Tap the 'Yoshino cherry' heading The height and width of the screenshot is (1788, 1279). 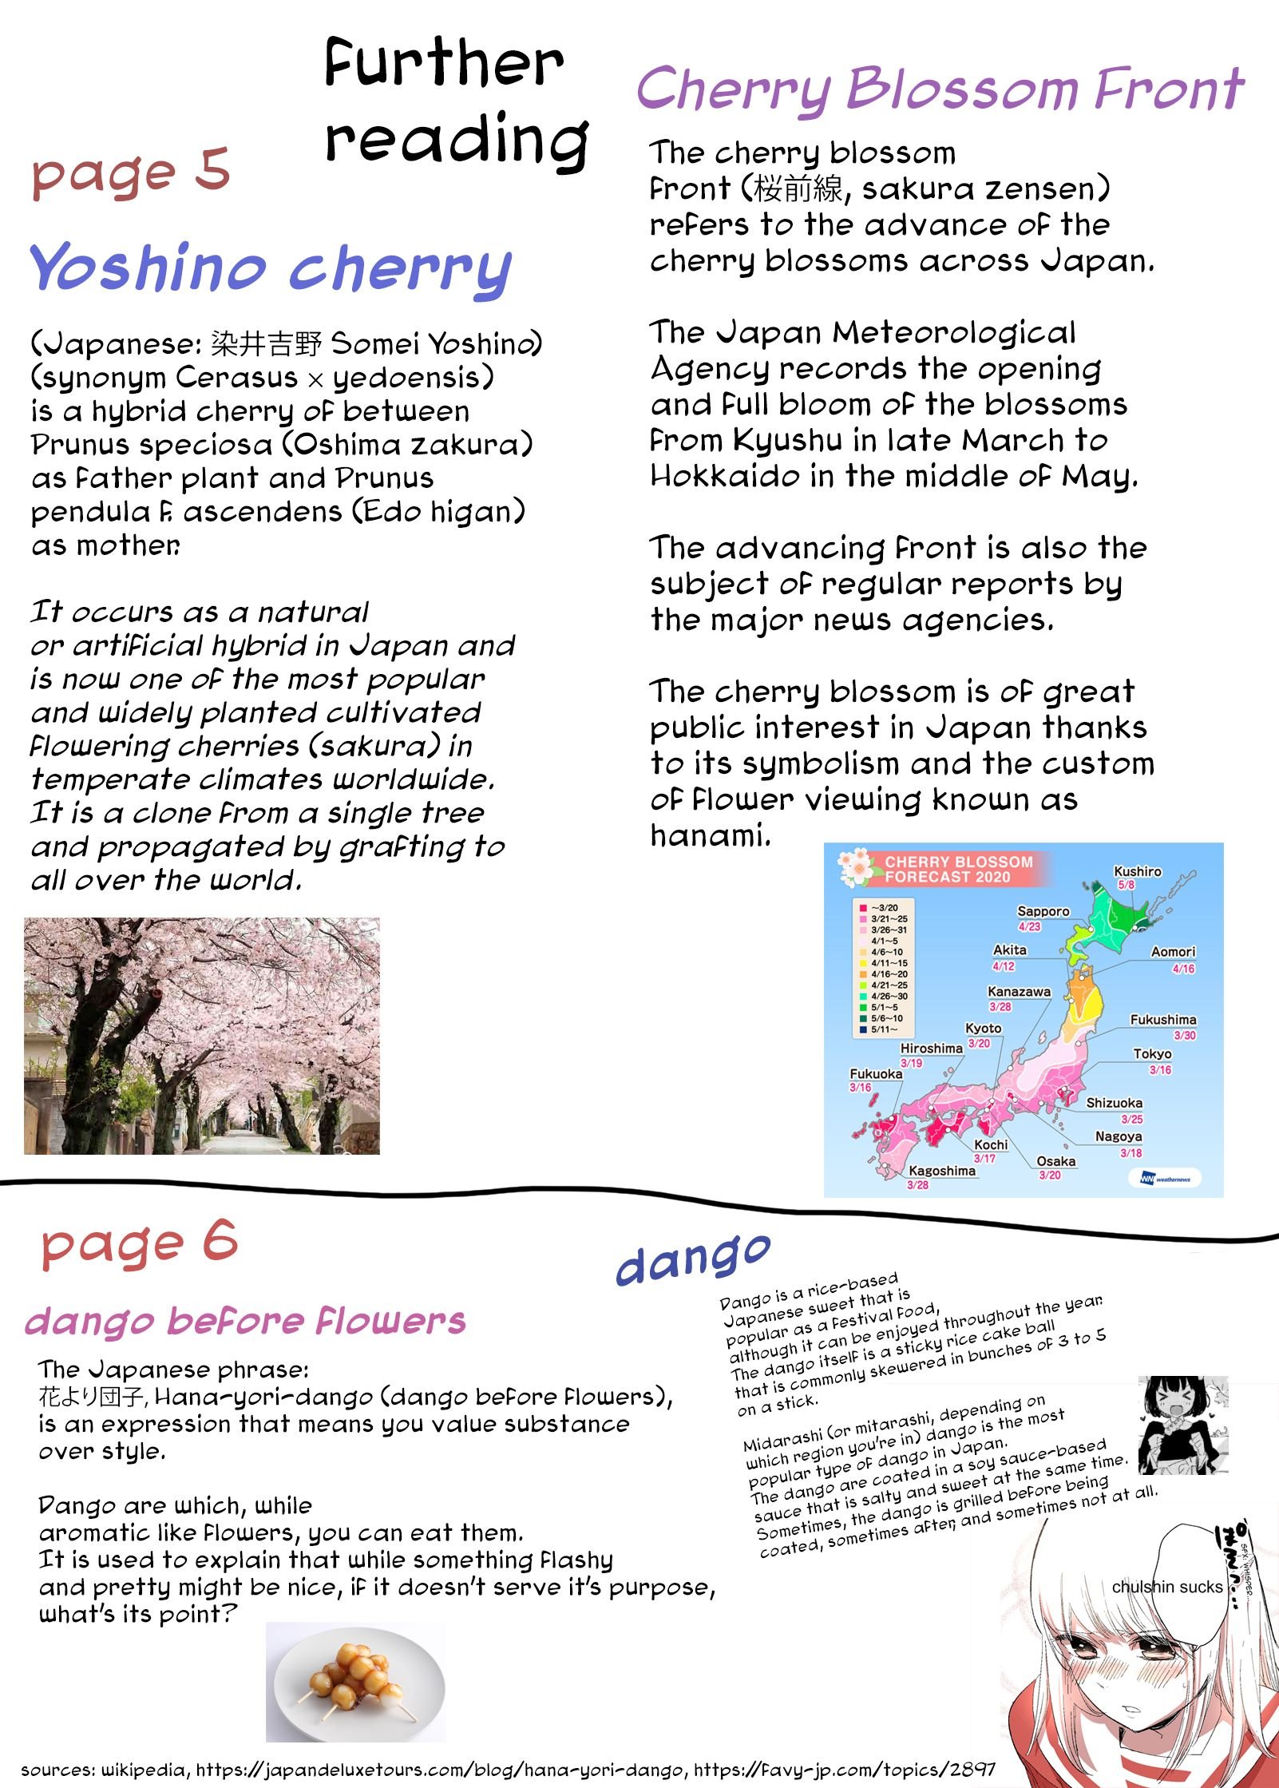[270, 268]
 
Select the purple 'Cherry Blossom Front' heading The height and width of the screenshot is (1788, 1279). [940, 90]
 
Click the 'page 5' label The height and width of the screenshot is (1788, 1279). [131, 172]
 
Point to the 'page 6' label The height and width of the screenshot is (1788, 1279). [140, 1243]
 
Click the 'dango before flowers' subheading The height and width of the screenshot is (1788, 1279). [245, 1322]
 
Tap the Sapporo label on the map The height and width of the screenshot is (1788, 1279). [1043, 911]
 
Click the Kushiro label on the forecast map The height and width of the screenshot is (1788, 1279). [1137, 871]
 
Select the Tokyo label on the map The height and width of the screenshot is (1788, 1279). [1151, 1053]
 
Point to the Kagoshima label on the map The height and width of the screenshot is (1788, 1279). [942, 1171]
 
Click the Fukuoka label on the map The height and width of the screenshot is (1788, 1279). [875, 1073]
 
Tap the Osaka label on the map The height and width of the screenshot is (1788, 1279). [1055, 1161]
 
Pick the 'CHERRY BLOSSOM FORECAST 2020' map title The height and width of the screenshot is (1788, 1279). [958, 869]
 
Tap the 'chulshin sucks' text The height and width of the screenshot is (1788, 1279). [1166, 1587]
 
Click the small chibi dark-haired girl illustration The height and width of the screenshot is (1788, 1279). [1183, 1425]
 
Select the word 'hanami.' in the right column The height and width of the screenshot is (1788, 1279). [710, 835]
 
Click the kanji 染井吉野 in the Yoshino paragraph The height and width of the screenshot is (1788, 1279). [266, 343]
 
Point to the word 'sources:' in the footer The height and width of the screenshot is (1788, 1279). [54, 1770]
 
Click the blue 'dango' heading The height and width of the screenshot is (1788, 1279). [693, 1259]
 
